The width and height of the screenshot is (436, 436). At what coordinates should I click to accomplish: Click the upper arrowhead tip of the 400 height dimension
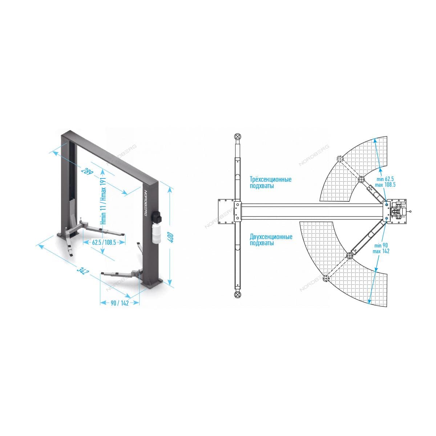[x=169, y=188]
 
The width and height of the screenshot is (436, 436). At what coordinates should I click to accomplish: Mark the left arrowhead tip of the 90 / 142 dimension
[x=100, y=303]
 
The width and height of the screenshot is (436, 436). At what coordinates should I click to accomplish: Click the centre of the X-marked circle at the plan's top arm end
[x=237, y=137]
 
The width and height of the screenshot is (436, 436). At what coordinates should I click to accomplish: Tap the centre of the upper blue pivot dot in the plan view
[x=386, y=205]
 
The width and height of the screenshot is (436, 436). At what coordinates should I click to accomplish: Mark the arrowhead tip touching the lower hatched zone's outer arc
[x=369, y=303]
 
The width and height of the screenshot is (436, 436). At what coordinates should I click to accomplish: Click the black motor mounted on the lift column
[x=157, y=217]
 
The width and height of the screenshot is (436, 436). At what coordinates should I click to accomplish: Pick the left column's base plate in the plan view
[x=227, y=211]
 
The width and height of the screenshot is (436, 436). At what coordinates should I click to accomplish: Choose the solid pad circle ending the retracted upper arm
[x=361, y=179]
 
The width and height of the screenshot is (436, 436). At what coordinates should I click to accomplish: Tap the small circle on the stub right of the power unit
[x=411, y=211]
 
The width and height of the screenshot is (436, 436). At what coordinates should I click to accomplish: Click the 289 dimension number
[x=87, y=171]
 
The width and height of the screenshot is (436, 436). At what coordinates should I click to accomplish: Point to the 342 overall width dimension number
[x=82, y=270]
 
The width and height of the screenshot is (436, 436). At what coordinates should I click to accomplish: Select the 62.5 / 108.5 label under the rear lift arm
[x=104, y=243]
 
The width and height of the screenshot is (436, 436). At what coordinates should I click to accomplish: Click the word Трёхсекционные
[x=271, y=179]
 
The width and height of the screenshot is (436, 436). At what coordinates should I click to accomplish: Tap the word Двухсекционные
[x=271, y=237]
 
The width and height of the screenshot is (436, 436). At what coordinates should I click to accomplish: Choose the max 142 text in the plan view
[x=381, y=251]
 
